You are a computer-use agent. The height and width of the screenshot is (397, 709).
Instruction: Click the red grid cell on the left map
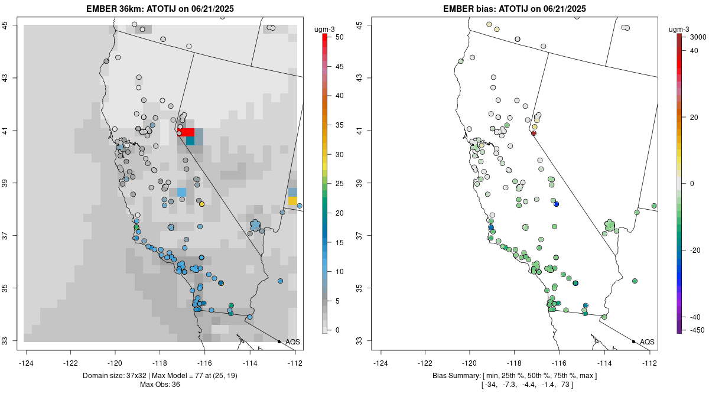[186, 132]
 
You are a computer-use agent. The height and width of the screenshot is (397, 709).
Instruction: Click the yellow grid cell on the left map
[292, 201]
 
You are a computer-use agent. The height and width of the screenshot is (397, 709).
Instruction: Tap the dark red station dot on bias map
[534, 134]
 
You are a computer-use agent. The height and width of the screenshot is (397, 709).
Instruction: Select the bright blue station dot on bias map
[556, 204]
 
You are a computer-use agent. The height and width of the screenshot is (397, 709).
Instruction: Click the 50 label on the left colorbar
[339, 37]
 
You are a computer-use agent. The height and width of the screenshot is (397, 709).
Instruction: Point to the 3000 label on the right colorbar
[698, 37]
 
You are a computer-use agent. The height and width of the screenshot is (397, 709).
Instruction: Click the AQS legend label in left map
[292, 341]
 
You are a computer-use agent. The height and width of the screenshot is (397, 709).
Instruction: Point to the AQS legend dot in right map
[633, 341]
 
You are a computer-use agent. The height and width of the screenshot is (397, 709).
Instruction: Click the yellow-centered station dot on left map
[201, 204]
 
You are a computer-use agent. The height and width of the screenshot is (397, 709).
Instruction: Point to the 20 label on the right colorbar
[694, 118]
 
